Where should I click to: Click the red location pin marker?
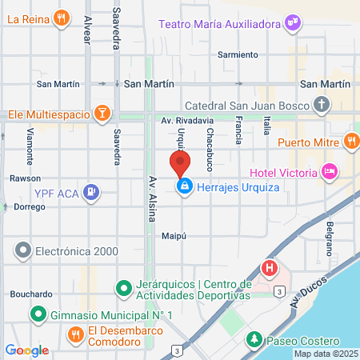click(x=179, y=164)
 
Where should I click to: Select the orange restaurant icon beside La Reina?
click(x=62, y=18)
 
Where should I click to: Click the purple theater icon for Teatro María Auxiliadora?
click(x=293, y=23)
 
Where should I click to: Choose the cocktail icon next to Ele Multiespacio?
click(x=102, y=114)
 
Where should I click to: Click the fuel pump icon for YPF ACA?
click(x=93, y=191)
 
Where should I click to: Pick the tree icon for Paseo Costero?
click(x=254, y=338)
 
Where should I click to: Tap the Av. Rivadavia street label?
click(x=186, y=120)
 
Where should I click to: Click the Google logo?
click(x=27, y=350)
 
